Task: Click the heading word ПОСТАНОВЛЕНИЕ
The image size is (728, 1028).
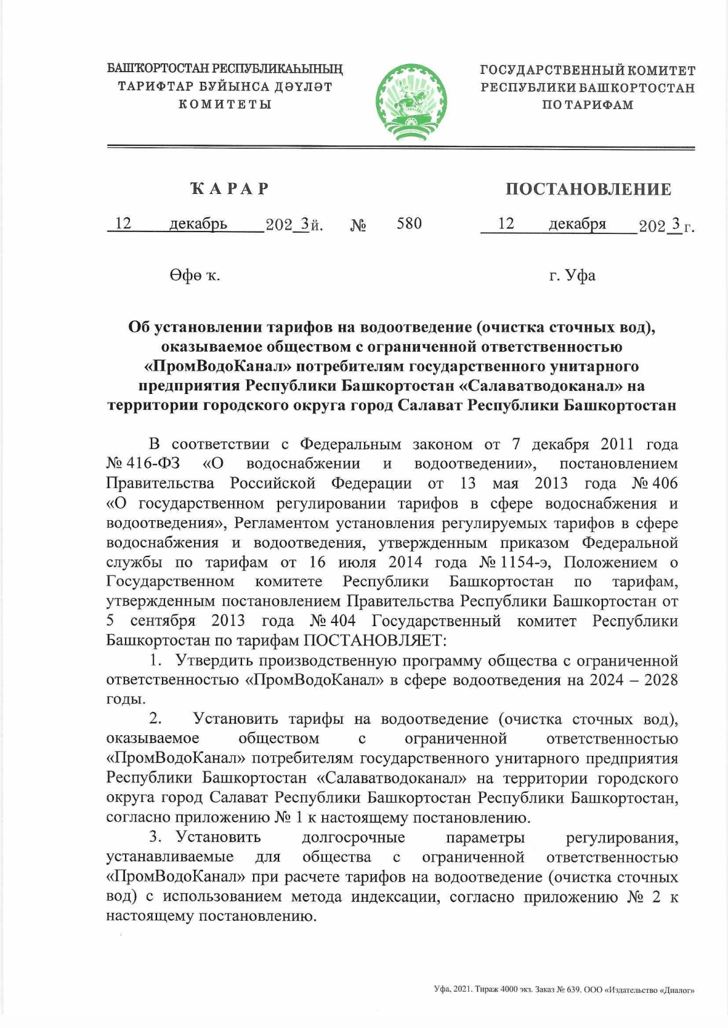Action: [588, 189]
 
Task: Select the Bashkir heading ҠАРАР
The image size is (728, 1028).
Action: [230, 189]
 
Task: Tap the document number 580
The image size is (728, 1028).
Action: [409, 224]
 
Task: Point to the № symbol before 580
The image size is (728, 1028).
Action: [358, 226]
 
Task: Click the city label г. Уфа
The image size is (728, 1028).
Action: [572, 276]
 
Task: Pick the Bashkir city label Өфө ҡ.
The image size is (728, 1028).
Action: [194, 276]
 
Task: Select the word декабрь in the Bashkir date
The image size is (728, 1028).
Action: [198, 224]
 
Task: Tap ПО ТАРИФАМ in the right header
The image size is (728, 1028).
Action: [587, 105]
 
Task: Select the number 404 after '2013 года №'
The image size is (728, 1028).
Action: [342, 621]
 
